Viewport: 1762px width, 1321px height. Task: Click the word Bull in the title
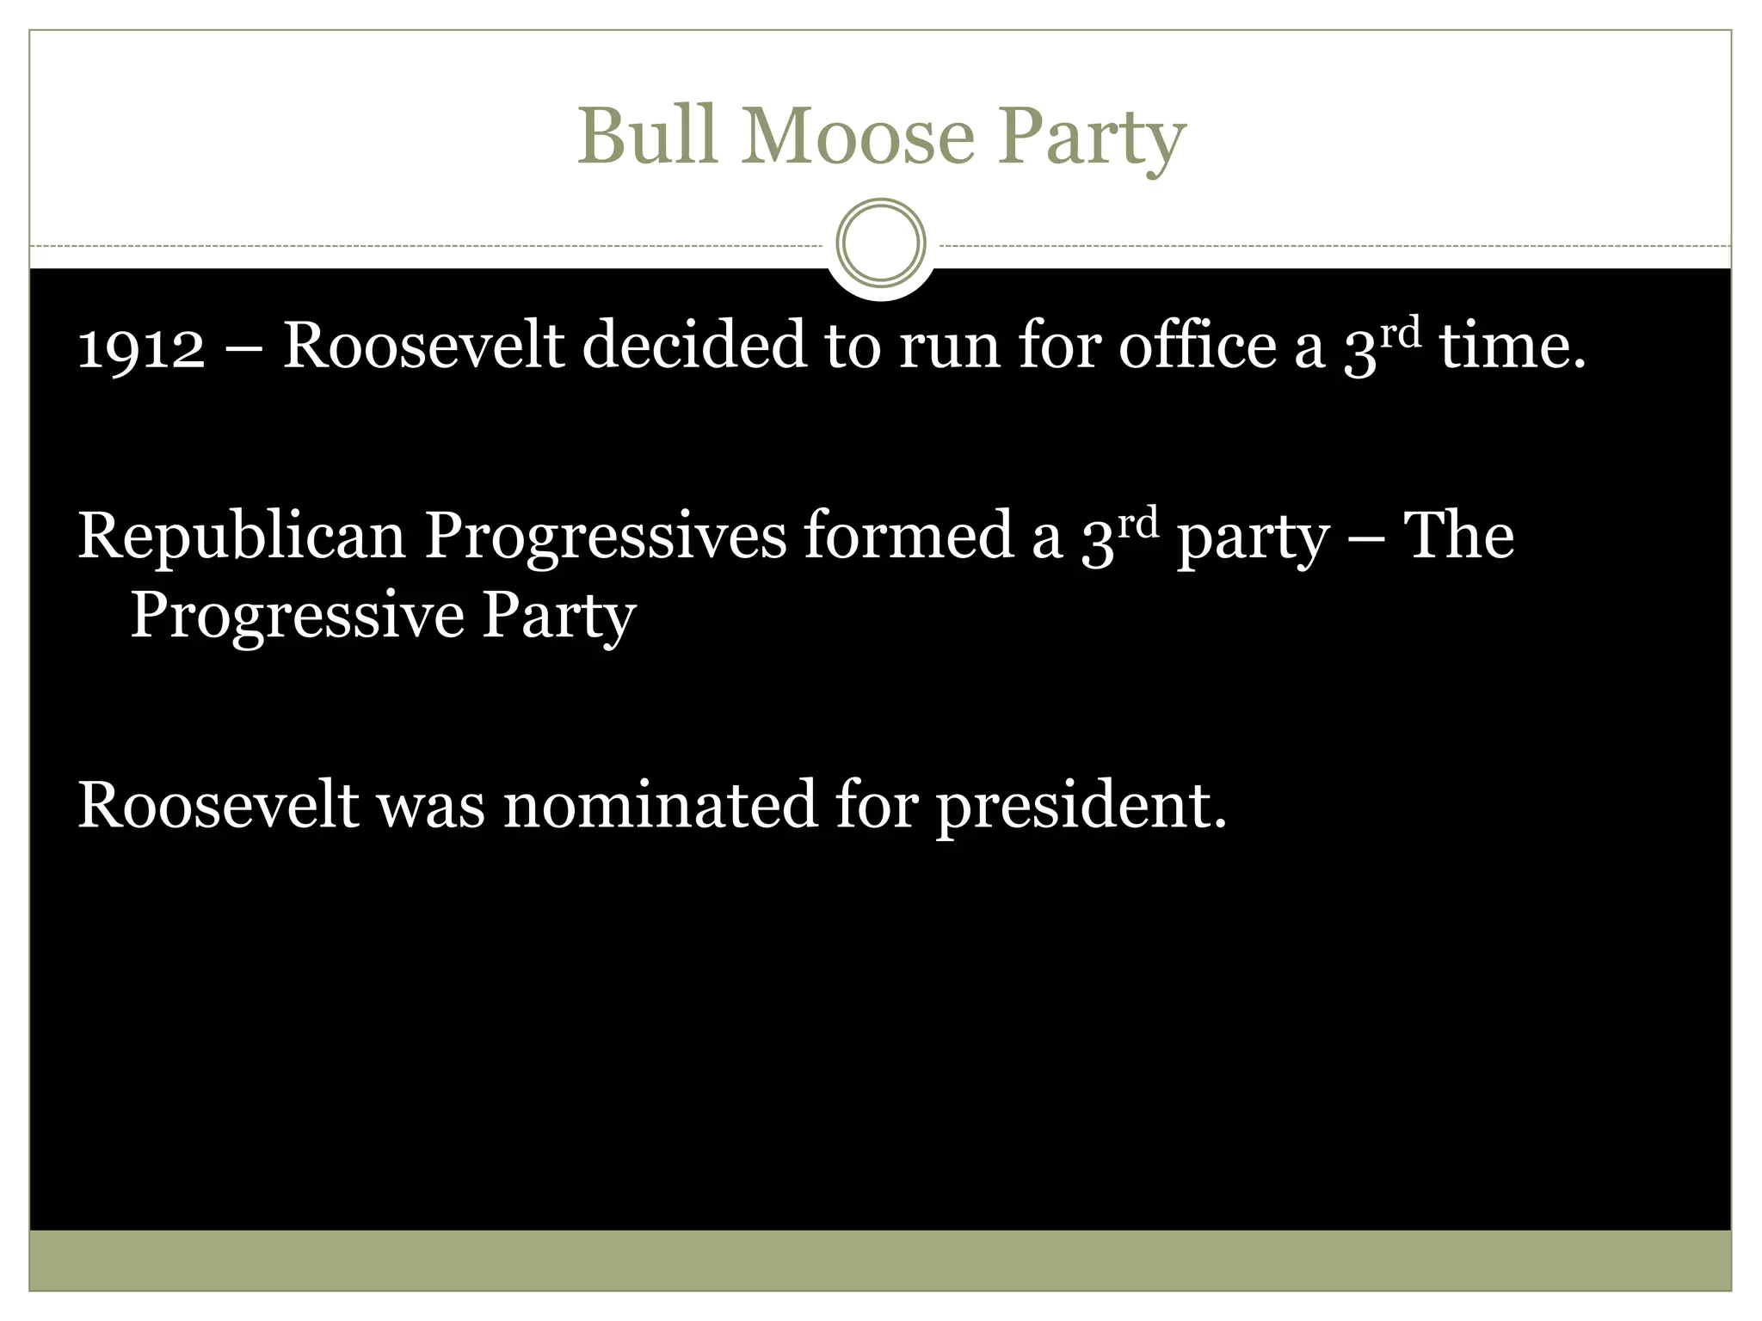pyautogui.click(x=646, y=136)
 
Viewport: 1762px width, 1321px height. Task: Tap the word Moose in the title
pyautogui.click(x=858, y=136)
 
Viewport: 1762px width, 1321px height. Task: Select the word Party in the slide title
pyautogui.click(x=1091, y=138)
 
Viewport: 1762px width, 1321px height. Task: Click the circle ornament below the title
pyautogui.click(x=880, y=243)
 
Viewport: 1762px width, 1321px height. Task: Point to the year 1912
pyautogui.click(x=141, y=347)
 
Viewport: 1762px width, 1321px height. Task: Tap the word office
pyautogui.click(x=1197, y=345)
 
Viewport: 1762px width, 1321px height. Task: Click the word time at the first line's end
pyautogui.click(x=1512, y=347)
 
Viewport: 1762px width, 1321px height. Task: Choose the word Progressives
pyautogui.click(x=606, y=538)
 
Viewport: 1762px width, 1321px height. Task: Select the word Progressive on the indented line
pyautogui.click(x=297, y=616)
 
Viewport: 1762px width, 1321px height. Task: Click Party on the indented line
pyautogui.click(x=558, y=617)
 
